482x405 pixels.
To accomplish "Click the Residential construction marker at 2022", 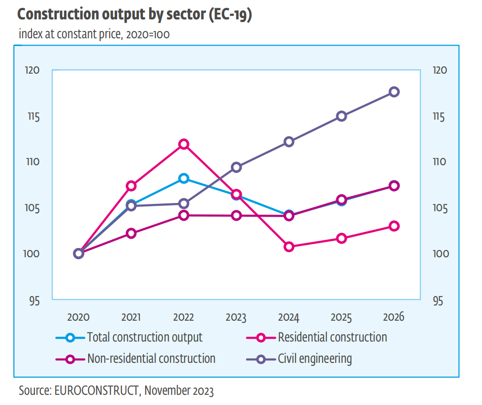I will pos(184,144).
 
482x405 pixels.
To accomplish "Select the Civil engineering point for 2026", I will pos(394,92).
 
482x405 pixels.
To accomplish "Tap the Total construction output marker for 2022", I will pos(184,179).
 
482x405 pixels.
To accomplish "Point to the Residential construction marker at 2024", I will pos(289,247).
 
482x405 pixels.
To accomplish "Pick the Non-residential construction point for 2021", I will pos(131,234).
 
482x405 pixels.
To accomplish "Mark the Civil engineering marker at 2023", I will pos(236,168).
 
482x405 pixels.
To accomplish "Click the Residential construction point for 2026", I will pos(394,226).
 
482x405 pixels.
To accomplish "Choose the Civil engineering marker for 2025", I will pos(342,116).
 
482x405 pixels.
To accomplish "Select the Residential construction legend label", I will pos(332,337).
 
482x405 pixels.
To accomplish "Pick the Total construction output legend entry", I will pos(144,337).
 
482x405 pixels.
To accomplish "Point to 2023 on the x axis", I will pos(236,318).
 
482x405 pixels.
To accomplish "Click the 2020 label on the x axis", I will pos(78,318).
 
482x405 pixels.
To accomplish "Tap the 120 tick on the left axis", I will pos(32,70).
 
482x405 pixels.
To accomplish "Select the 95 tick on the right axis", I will pos(437,301).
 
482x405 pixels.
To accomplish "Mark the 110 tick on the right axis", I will pos(439,162).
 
